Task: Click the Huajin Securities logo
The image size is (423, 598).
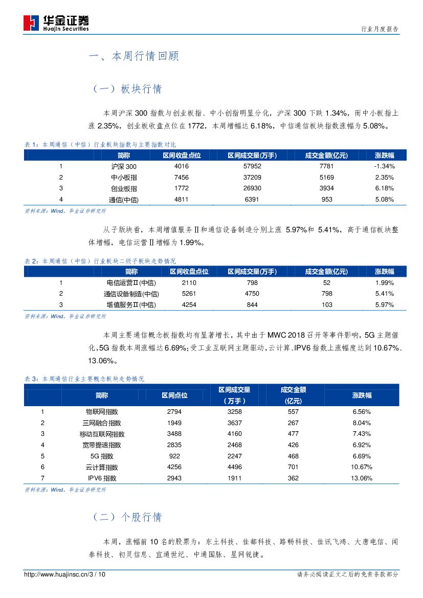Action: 56,23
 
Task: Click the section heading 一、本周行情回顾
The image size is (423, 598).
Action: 133,56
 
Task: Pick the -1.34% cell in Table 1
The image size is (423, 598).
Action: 384,166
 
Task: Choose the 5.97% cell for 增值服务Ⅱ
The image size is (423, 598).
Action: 384,305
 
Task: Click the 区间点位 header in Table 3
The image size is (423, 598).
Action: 174,395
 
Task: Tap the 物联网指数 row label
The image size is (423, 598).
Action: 101,411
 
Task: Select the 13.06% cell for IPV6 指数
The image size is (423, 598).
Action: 362,478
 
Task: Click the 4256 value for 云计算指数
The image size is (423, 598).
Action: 174,467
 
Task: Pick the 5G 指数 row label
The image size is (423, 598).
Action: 101,456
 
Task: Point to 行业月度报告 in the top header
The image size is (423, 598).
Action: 380,29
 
